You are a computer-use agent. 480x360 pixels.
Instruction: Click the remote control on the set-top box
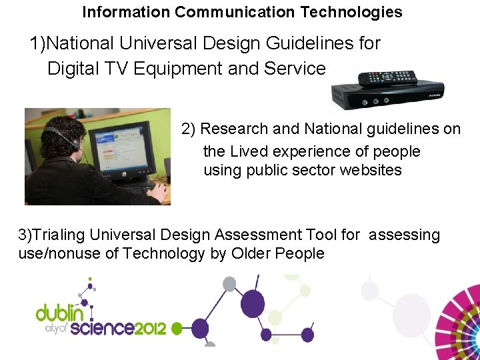point(387,78)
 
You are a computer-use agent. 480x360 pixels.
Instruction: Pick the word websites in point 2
point(371,170)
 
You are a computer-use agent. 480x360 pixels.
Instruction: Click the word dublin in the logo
point(60,313)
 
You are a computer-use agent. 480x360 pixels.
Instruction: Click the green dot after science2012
point(178,329)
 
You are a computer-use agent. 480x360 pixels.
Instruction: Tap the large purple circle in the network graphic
point(251,303)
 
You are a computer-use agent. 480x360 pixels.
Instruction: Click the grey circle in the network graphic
point(229,284)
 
